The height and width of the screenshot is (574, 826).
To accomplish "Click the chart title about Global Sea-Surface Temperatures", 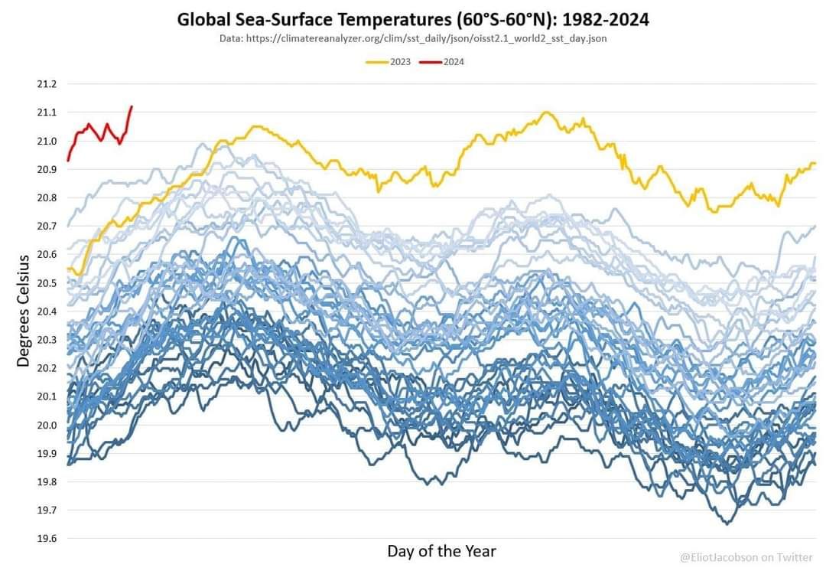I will coord(413,20).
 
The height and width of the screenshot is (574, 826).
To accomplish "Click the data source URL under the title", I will coord(413,38).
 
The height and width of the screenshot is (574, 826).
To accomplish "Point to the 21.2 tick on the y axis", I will coord(47,84).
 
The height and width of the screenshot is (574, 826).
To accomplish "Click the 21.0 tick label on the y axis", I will coord(47,141).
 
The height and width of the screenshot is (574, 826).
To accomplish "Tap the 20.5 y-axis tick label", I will coord(47,283).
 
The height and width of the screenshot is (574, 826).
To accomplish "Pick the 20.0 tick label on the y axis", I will coord(47,425).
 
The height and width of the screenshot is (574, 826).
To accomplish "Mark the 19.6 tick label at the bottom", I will coord(47,539).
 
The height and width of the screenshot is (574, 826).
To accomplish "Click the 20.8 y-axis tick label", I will coord(47,197).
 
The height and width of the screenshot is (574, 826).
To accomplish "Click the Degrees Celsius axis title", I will coord(23,311).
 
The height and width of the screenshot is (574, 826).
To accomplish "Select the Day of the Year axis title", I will coord(441,551).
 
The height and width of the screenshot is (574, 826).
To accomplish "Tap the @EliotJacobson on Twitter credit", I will coord(746,558).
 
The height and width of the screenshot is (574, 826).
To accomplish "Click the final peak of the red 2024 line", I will coord(132,106).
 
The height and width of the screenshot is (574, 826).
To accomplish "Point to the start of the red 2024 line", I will coord(68,160).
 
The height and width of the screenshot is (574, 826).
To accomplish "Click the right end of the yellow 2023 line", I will coord(815,163).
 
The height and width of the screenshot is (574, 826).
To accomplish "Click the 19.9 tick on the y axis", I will coord(47,453).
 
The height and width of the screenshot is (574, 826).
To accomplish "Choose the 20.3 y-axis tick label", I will coord(47,340).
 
